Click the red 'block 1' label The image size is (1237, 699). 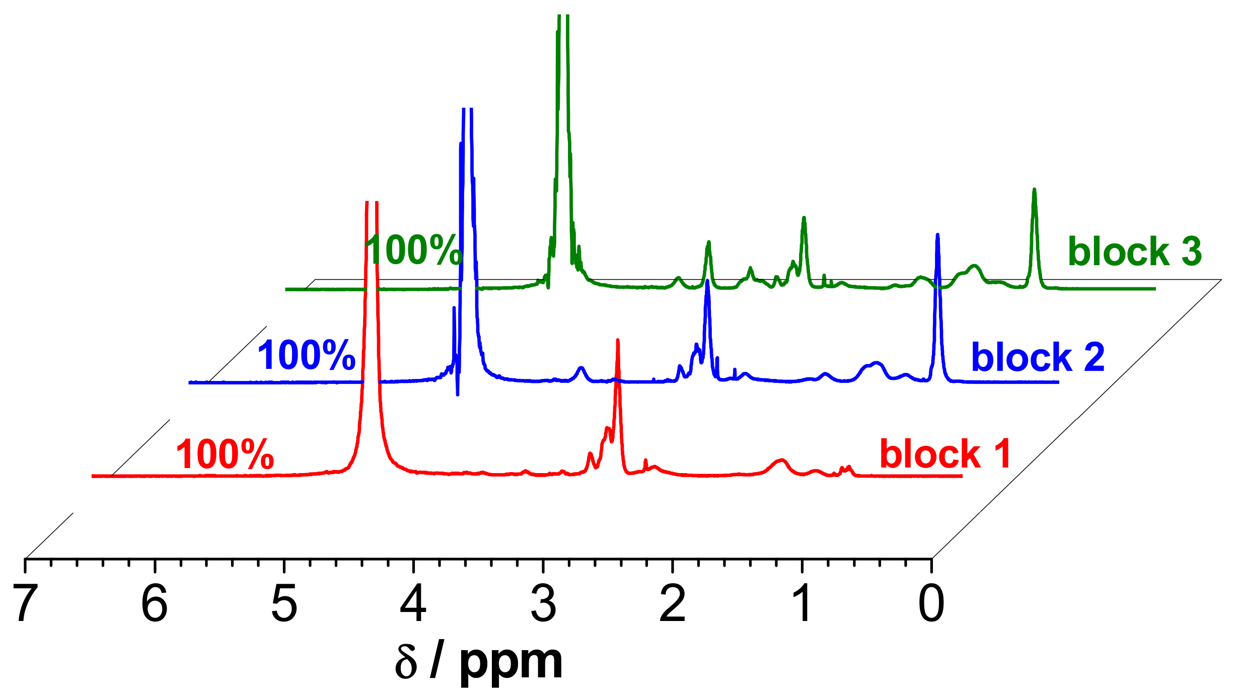click(945, 454)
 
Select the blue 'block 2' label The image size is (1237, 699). click(1038, 357)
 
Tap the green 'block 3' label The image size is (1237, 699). click(1134, 251)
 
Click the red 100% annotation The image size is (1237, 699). click(225, 454)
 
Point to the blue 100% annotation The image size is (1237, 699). click(307, 355)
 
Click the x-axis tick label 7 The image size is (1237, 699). click(25, 604)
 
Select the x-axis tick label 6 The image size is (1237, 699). click(155, 604)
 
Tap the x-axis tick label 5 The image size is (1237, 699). click(284, 604)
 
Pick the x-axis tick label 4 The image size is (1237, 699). click(413, 604)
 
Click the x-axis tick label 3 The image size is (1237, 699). click(543, 604)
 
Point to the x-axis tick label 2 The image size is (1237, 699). click(673, 604)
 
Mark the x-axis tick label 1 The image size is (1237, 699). click(802, 604)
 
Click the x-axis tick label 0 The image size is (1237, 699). click(931, 604)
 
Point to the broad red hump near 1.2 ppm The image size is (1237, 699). click(780, 460)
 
